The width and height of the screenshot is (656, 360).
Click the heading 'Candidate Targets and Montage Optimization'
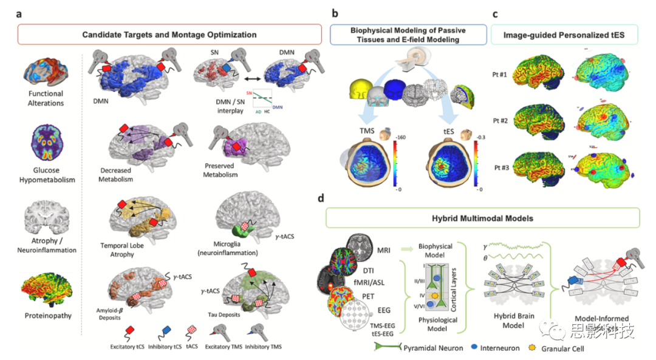click(x=169, y=35)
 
